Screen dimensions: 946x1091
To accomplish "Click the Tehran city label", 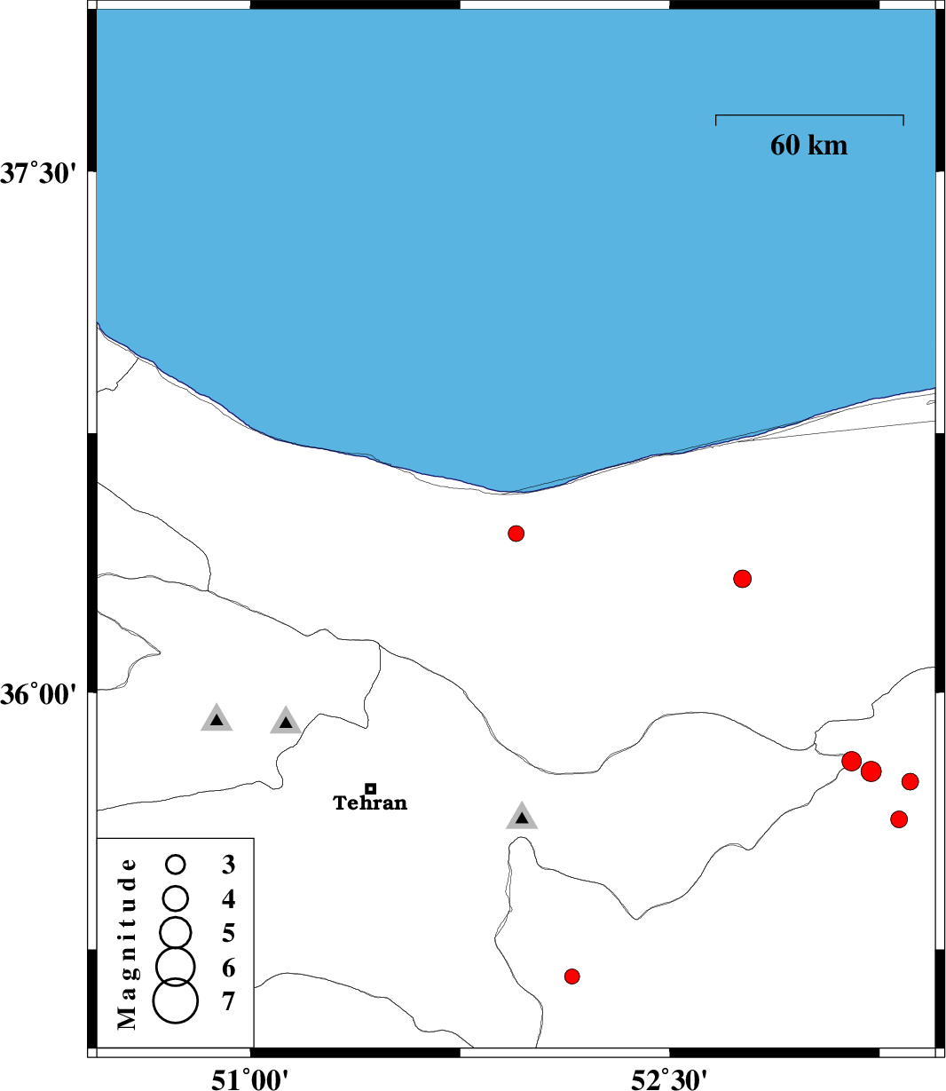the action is pos(370,802).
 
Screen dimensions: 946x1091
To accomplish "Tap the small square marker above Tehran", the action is pos(371,788).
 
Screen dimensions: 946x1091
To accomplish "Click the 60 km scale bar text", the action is pos(808,145).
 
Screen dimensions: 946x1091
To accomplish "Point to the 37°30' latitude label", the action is pos(38,174).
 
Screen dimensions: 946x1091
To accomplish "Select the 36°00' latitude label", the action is pos(38,695).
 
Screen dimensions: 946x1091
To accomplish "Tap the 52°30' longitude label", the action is pos(670,1078).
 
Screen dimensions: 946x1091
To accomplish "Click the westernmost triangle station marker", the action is pos(217,718).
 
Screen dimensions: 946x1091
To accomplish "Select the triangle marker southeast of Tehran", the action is pos(522,816).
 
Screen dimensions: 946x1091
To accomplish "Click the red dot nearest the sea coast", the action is pos(516,534).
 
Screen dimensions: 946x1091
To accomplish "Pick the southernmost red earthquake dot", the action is pos(572,976).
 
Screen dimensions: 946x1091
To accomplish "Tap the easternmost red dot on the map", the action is pos(911,782).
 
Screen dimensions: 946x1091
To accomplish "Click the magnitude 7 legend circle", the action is pos(176,1000).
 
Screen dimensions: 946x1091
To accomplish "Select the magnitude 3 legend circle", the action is pos(176,865).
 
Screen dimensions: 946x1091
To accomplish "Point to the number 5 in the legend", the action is pos(229,933).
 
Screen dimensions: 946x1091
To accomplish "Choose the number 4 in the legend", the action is pos(229,898).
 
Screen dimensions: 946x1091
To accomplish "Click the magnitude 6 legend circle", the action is pos(176,967).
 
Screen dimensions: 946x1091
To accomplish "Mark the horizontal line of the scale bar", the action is pos(809,115).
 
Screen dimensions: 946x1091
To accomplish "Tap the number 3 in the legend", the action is pos(229,865).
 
